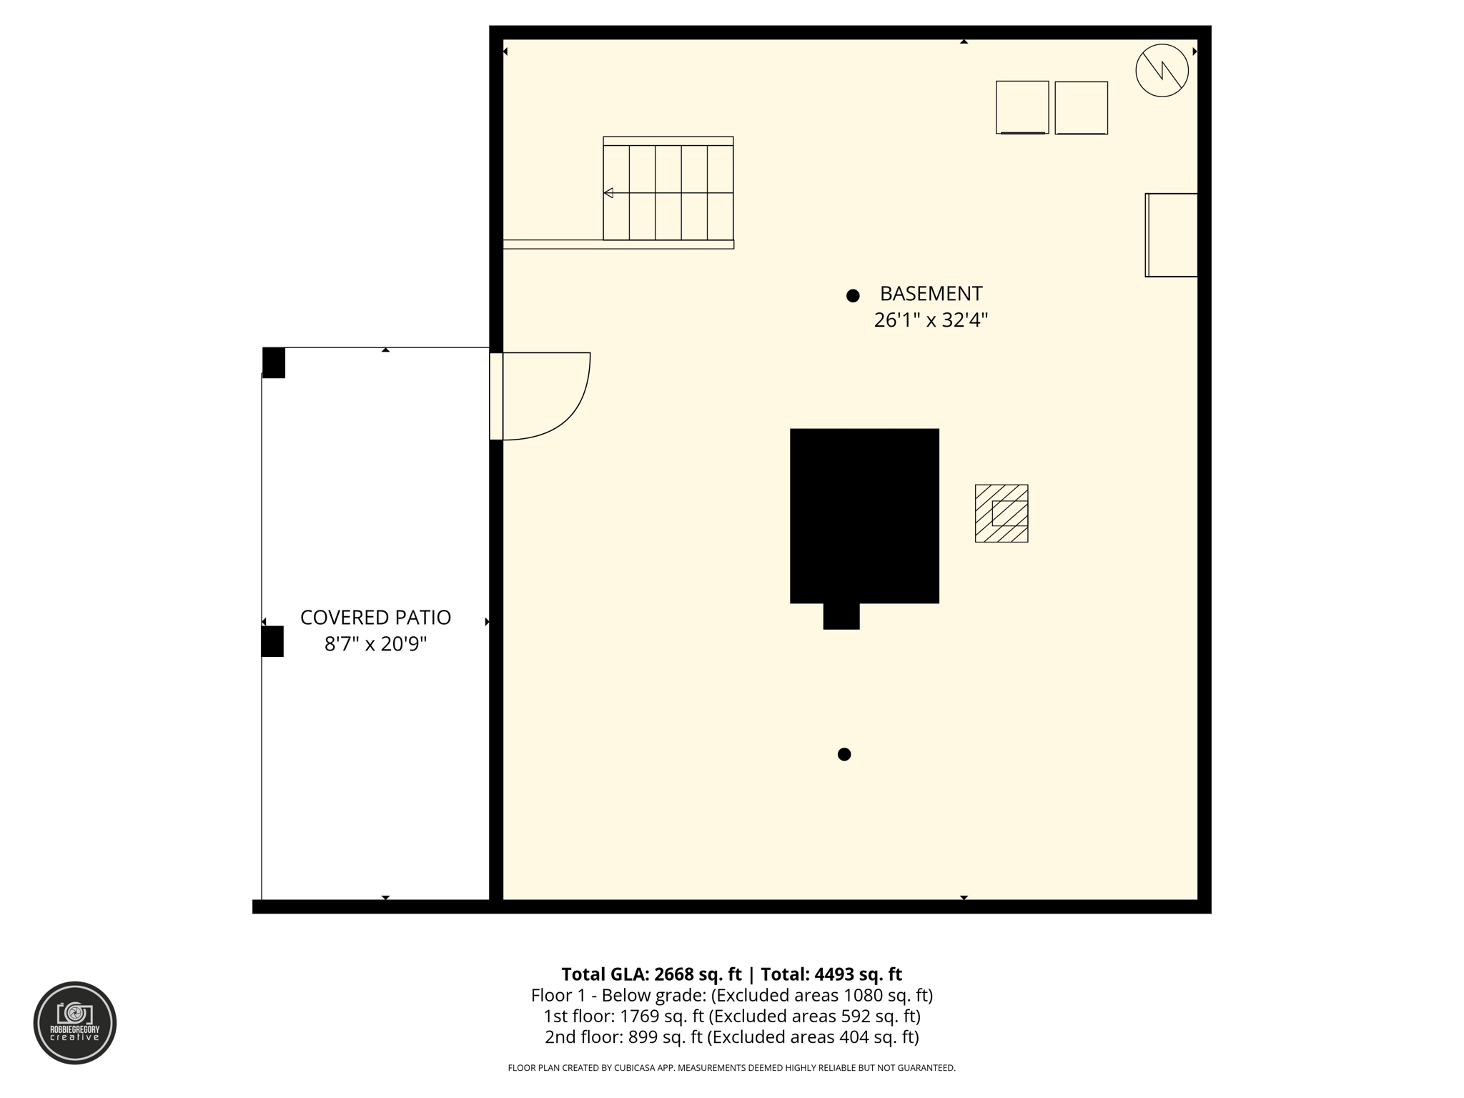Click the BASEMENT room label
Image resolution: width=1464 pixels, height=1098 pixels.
pos(931,294)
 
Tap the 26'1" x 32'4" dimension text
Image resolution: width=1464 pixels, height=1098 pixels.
pos(931,320)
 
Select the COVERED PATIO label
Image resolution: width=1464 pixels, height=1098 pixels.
pos(375,618)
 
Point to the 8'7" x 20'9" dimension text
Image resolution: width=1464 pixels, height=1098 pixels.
pos(375,644)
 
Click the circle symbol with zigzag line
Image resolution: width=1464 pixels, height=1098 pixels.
pos(1162,70)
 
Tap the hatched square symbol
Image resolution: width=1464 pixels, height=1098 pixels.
pos(1001,513)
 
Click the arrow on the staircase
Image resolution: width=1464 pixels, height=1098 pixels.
pos(608,193)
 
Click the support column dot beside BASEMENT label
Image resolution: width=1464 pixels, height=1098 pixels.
pos(853,296)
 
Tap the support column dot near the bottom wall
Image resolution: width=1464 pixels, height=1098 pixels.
pos(844,754)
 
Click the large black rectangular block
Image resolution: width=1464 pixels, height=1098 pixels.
pos(864,515)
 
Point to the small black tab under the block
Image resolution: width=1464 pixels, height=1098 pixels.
pos(841,616)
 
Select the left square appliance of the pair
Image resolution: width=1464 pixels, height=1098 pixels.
pos(1022,107)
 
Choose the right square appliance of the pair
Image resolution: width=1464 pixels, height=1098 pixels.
pos(1081,108)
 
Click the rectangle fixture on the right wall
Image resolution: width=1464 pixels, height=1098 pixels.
pos(1172,234)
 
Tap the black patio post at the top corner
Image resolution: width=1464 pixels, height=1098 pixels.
pos(274,362)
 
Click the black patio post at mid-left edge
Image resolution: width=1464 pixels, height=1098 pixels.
pos(272,641)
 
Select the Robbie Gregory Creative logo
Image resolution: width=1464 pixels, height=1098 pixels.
pos(75,1022)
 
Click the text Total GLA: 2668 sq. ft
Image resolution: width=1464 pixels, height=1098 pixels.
pos(651,974)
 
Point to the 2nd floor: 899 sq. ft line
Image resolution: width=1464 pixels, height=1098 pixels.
pos(731,1037)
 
